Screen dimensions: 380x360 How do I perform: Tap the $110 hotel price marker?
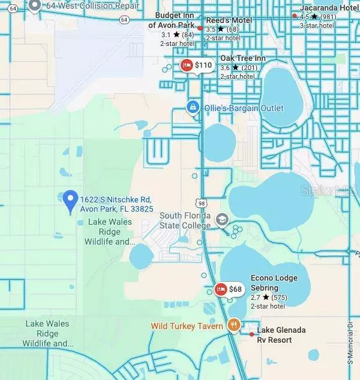196,65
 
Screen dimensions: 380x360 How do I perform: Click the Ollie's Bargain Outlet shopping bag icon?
192,108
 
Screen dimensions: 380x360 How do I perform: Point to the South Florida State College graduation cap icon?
222,220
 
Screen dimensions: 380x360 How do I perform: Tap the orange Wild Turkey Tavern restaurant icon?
233,325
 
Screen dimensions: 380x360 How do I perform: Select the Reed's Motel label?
229,20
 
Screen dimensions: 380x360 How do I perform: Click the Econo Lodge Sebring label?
274,283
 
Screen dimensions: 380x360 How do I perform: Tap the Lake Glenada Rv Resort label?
282,335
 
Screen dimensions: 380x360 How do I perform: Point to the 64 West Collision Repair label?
80,6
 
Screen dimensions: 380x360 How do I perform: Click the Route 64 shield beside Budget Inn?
125,20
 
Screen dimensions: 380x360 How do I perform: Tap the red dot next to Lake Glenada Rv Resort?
251,334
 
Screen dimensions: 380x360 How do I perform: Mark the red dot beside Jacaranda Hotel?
294,16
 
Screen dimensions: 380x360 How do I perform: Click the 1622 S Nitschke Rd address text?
116,204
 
